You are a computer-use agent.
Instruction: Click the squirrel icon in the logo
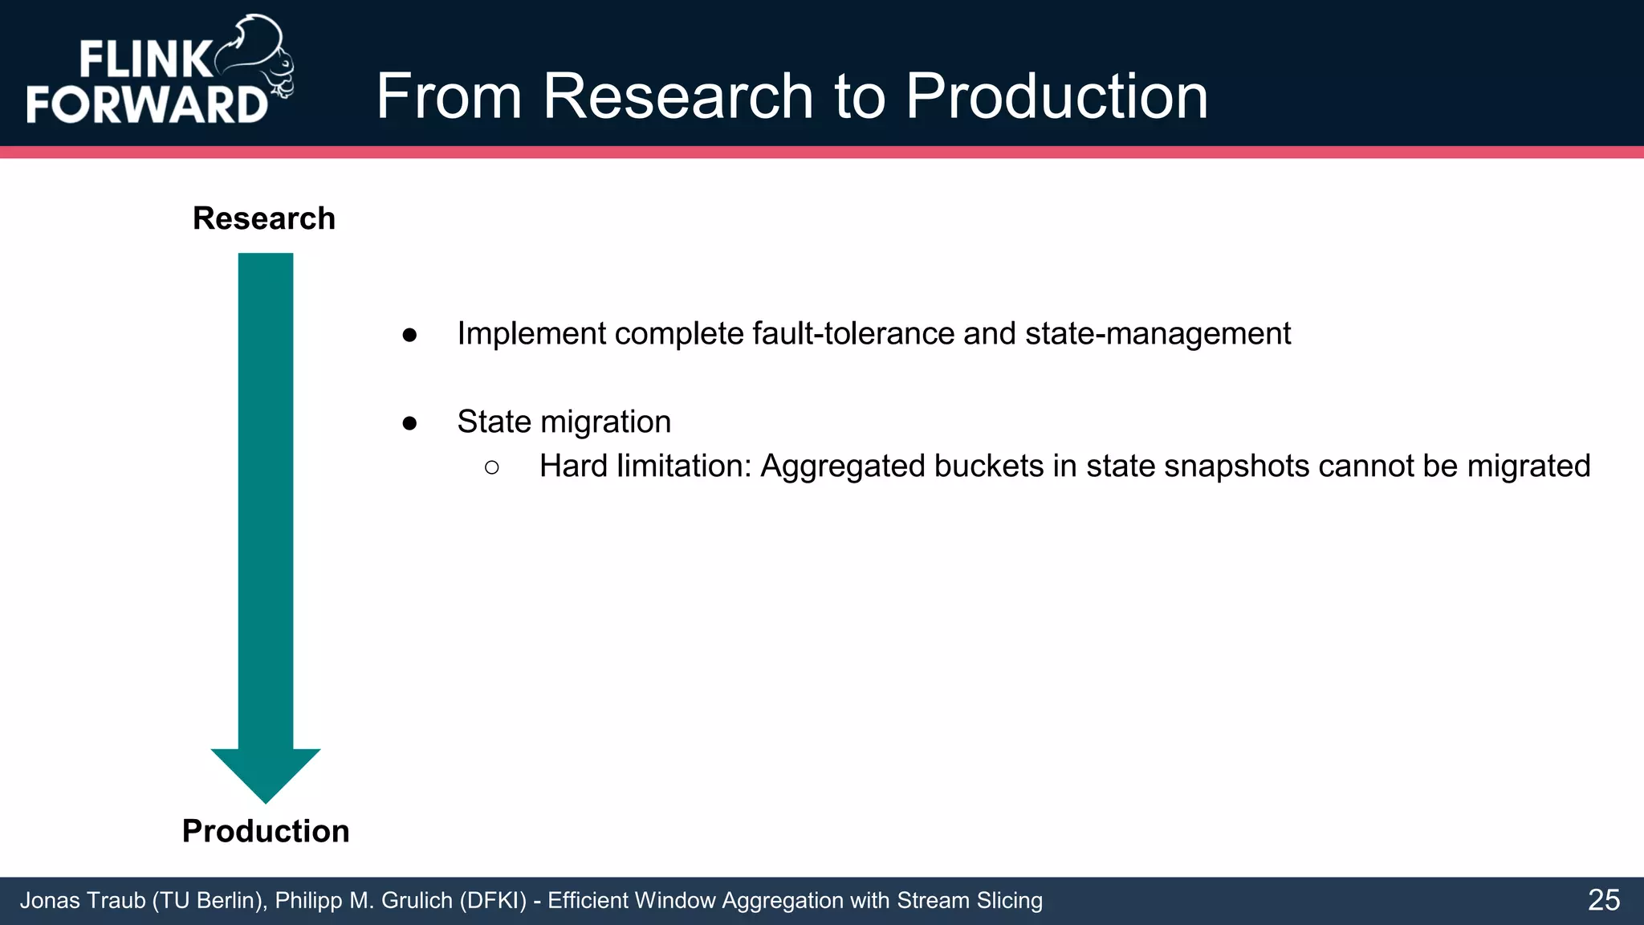[257, 56]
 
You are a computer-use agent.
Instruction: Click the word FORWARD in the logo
[147, 104]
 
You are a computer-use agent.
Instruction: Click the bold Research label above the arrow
[264, 218]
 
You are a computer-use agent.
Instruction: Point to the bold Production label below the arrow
[266, 831]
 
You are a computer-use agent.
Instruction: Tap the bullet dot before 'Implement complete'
[410, 335]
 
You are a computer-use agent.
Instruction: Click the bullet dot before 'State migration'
[410, 423]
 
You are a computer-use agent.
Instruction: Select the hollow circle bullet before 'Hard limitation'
[492, 467]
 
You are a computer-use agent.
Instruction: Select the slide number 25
[1603, 900]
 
